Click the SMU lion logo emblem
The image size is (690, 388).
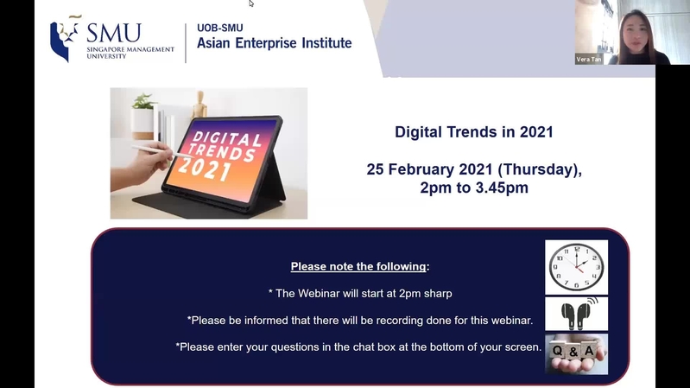click(65, 38)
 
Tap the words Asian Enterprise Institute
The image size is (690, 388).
click(274, 43)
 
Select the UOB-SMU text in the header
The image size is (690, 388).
click(220, 28)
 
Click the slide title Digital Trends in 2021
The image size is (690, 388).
click(474, 132)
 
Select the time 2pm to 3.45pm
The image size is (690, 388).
click(474, 188)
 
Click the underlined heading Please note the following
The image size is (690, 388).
click(358, 266)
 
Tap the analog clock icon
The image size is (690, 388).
click(577, 267)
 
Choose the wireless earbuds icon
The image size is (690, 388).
click(577, 314)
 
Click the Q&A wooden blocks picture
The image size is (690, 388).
click(577, 354)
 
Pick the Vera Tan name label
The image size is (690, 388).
click(589, 60)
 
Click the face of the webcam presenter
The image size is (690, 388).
click(636, 34)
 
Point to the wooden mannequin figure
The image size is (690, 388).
click(199, 105)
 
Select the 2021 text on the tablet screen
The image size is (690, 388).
click(205, 169)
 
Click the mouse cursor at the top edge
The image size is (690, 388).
click(250, 3)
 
